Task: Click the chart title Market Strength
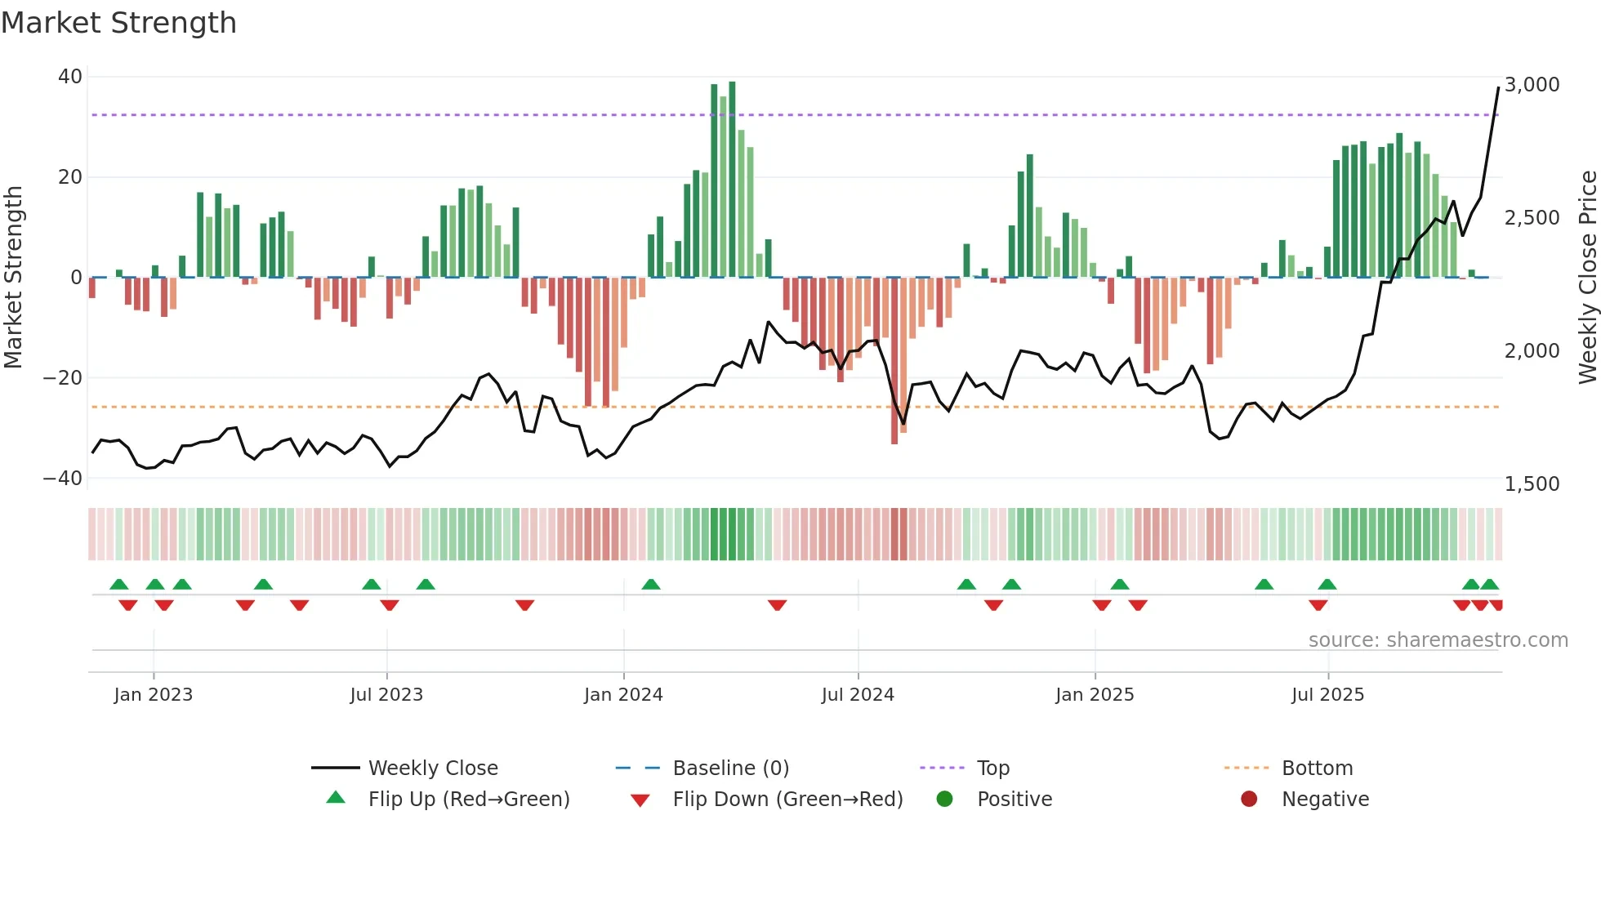(118, 23)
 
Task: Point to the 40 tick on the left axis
(70, 77)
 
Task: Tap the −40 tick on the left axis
(63, 478)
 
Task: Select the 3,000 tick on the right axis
(1532, 85)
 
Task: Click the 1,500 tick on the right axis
(1532, 484)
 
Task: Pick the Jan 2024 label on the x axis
(623, 695)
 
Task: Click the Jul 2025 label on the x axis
(1327, 695)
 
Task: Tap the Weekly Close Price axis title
(1587, 278)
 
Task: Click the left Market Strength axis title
(13, 278)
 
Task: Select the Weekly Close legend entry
(432, 769)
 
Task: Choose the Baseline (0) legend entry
(730, 769)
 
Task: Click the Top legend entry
(992, 769)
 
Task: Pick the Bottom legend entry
(1317, 769)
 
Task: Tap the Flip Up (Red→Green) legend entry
(468, 800)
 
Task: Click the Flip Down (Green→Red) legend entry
(787, 800)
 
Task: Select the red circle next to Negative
(1249, 800)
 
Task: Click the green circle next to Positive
(945, 800)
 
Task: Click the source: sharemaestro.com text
(1438, 640)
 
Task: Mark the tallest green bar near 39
(732, 180)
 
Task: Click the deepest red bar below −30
(894, 359)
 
